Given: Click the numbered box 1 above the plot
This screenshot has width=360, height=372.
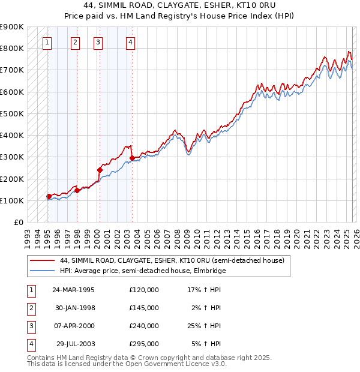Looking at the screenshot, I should click(47, 42).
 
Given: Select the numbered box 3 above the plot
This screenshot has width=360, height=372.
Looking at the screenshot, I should click(98, 42).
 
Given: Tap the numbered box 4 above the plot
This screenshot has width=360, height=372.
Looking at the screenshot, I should click(130, 42).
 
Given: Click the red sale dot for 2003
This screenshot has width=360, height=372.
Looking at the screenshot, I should click(132, 158).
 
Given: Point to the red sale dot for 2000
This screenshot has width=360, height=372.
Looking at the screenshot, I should click(100, 170).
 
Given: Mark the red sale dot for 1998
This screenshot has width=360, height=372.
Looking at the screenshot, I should click(77, 191).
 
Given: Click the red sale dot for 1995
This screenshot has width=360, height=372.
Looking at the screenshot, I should click(49, 196).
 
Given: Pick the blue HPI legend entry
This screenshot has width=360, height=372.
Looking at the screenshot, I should click(142, 271).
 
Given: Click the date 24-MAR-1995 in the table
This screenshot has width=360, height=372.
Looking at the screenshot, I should click(73, 290).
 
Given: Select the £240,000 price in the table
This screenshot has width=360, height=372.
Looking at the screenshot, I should click(144, 326).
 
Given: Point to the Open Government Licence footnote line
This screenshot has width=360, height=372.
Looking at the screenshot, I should click(127, 364).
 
